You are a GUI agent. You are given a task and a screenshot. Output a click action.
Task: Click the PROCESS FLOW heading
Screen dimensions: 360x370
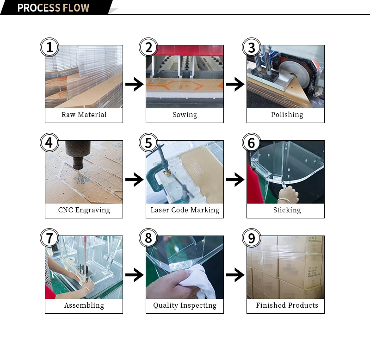[53, 8]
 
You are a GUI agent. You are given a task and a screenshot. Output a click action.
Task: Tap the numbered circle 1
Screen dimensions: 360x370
[49, 47]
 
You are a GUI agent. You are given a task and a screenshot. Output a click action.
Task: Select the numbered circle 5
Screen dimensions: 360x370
[148, 143]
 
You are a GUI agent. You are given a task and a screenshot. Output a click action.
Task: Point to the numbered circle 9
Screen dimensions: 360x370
[251, 238]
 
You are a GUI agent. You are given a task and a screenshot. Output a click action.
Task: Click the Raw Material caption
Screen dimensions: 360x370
[84, 115]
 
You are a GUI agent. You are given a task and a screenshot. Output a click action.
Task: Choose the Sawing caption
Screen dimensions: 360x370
[185, 115]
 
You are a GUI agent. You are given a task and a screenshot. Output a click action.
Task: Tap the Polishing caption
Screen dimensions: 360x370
[287, 115]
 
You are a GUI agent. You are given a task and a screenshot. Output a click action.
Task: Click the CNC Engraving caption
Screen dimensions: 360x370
[84, 210]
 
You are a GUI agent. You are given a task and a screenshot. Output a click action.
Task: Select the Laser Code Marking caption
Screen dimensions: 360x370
[185, 210]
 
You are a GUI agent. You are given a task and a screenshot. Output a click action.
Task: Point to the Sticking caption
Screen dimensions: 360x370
[287, 210]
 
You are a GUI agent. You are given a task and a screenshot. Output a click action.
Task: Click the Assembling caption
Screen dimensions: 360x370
[84, 305]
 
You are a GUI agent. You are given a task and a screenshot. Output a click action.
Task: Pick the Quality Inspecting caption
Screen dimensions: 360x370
[185, 305]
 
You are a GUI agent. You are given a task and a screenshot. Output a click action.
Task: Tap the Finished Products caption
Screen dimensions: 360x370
[287, 305]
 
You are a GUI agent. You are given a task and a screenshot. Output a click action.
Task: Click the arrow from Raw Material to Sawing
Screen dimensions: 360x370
[134, 84]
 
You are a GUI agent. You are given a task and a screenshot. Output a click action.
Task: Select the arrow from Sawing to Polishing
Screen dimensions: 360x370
[235, 84]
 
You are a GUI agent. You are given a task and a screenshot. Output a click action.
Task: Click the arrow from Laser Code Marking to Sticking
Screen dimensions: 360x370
[235, 180]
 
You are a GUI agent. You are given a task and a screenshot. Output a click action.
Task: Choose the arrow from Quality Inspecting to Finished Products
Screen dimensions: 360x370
[235, 275]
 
